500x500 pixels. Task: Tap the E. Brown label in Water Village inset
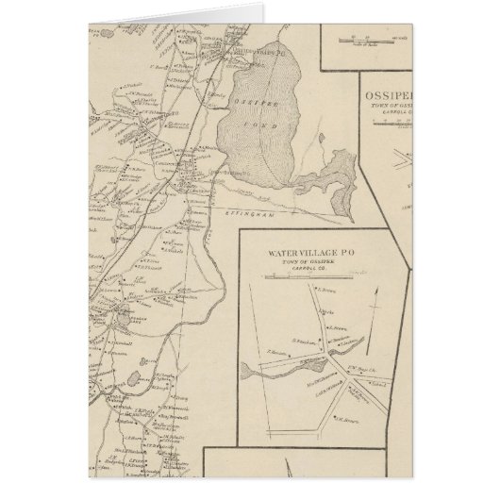click(326, 292)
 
